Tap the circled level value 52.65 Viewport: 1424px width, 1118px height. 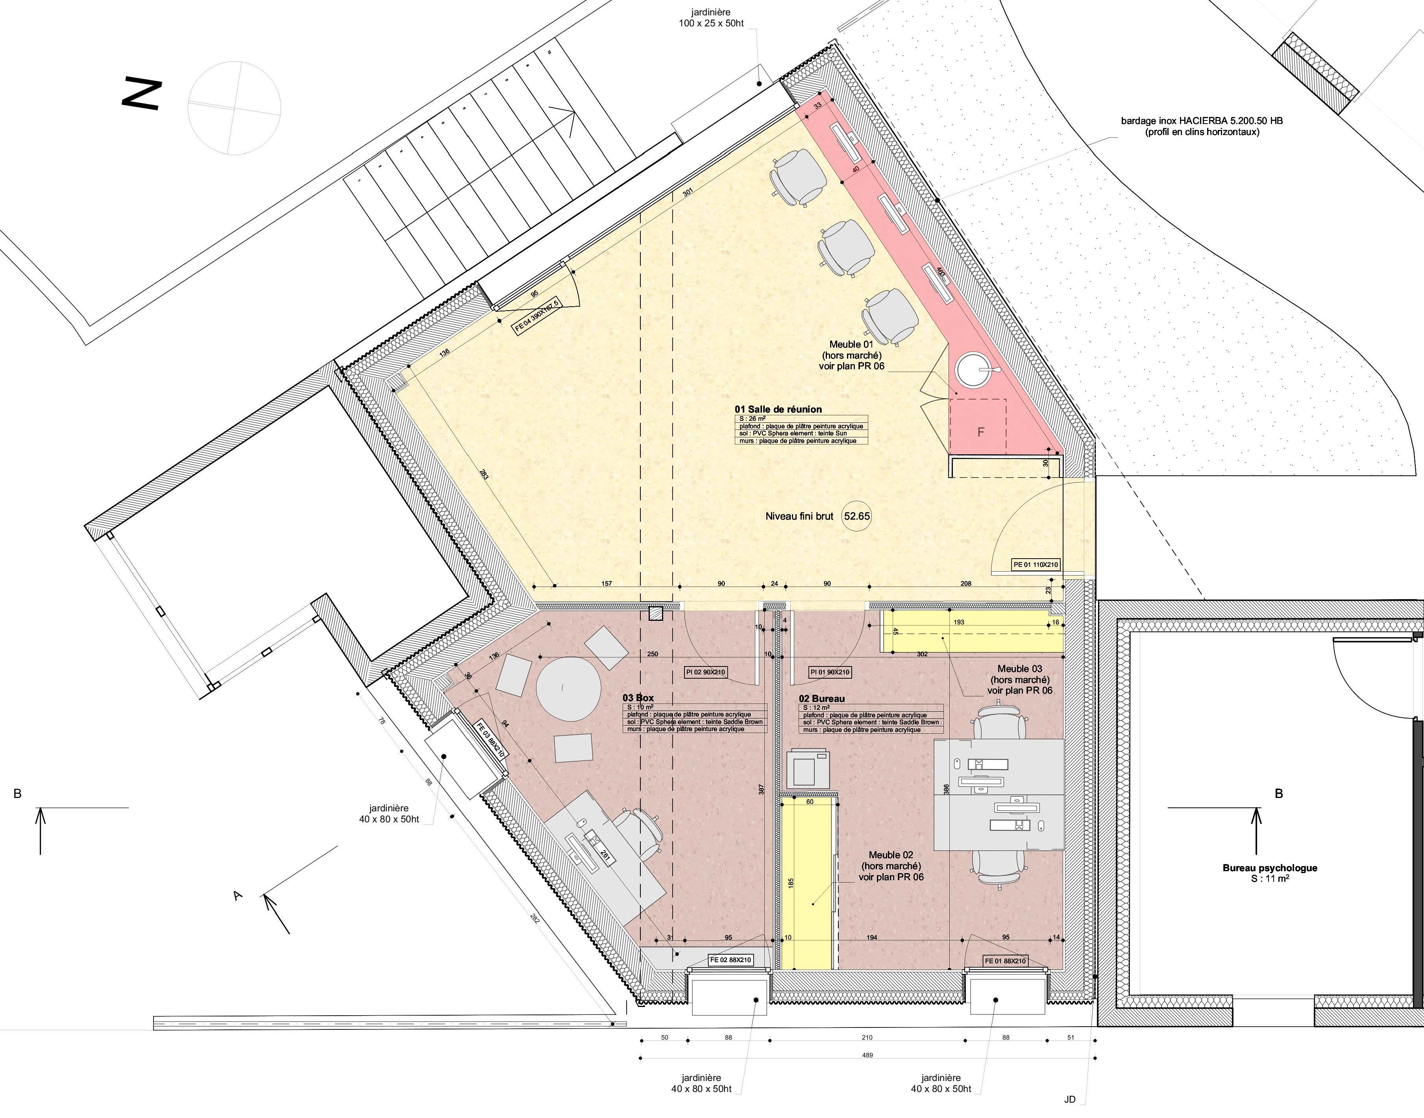[x=856, y=516]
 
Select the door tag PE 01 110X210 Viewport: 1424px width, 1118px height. [x=1035, y=564]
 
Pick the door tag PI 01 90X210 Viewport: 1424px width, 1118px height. [x=830, y=672]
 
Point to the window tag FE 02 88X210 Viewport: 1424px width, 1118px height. [x=730, y=960]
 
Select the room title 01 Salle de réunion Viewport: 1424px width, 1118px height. [x=778, y=409]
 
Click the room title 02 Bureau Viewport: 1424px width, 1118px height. [x=821, y=699]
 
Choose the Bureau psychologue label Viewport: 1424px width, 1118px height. [x=1270, y=868]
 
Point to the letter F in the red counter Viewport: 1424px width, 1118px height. [x=980, y=432]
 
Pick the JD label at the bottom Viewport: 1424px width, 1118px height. [x=1069, y=1099]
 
